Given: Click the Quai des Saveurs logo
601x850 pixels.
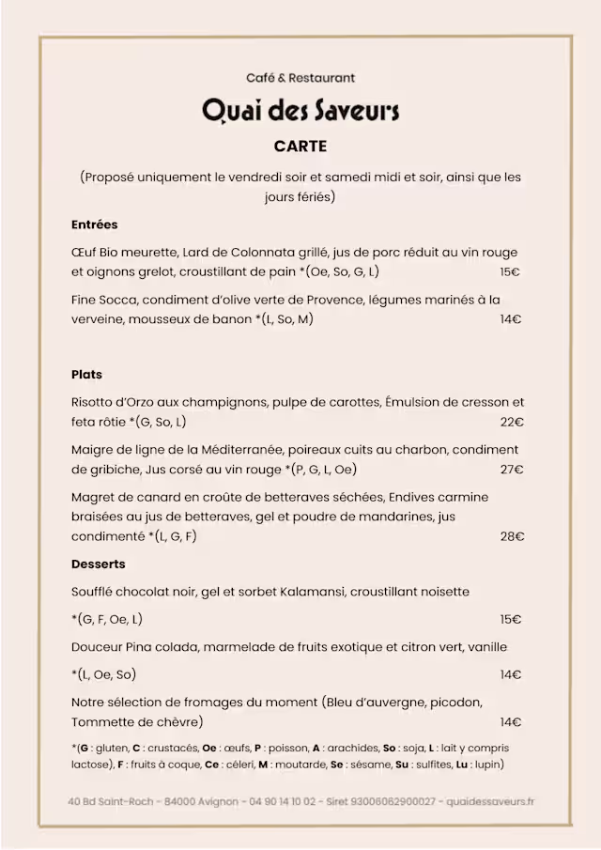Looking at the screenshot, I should [300, 112].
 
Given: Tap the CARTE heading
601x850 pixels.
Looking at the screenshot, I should [300, 147].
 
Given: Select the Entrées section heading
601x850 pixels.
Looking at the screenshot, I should [94, 225].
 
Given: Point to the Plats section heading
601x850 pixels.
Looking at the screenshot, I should [86, 375].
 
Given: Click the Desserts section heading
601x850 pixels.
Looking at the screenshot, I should [98, 564].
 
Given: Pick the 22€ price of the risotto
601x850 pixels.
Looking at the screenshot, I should [512, 423].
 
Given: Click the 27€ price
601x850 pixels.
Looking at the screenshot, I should [512, 470].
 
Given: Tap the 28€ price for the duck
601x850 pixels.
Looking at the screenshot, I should [512, 537].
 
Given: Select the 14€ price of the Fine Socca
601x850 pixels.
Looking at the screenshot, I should [511, 319].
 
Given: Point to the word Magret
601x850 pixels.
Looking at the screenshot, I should [94, 497].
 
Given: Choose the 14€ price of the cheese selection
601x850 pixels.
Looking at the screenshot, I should [511, 722].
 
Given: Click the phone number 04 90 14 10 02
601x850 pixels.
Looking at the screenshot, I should [282, 801].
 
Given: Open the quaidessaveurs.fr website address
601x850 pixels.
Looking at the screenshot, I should [490, 801].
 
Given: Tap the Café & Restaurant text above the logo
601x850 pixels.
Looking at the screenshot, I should [300, 78].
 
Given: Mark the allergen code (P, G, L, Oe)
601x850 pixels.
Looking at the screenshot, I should [324, 470].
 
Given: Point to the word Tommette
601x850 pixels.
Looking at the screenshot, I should [102, 722].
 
